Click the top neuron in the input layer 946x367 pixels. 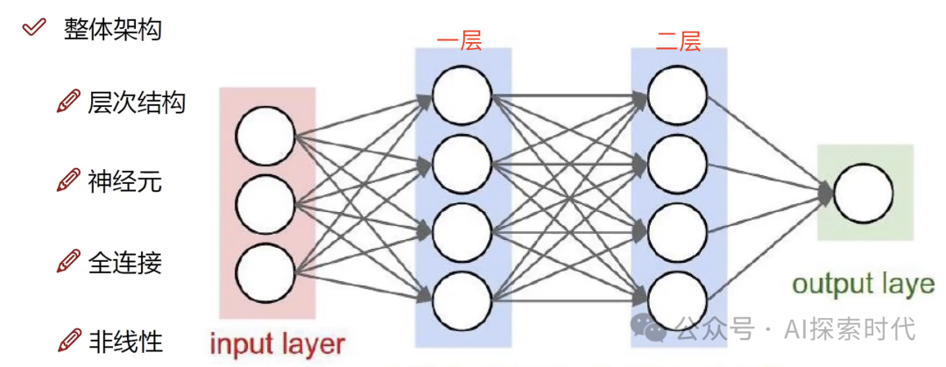(x=265, y=137)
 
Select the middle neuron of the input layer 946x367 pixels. (x=265, y=205)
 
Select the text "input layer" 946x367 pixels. (x=277, y=343)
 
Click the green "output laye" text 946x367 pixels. (x=863, y=284)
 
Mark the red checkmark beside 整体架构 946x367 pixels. (x=34, y=27)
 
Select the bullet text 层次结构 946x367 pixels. (x=137, y=102)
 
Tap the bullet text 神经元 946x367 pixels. (x=124, y=181)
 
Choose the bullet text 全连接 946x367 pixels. (x=124, y=261)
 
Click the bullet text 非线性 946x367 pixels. (x=124, y=340)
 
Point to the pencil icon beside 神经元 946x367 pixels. (x=67, y=181)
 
